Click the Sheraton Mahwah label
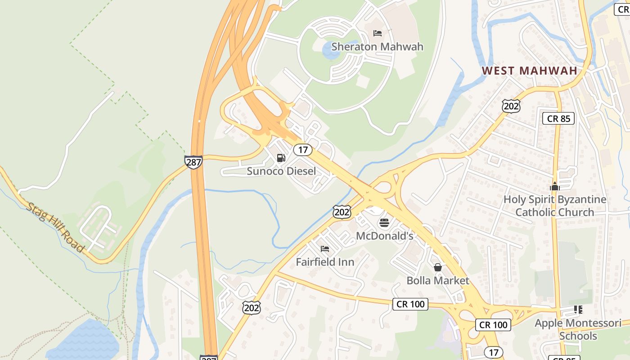(377, 46)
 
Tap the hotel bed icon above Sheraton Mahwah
(378, 33)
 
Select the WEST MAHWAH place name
(529, 71)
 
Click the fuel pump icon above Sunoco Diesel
(281, 157)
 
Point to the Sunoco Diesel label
(281, 171)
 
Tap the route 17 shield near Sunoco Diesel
(303, 150)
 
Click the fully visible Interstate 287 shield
(193, 162)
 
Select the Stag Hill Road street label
(55, 227)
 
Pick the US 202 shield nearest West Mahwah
(511, 106)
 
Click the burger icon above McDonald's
(384, 222)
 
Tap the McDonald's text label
(384, 236)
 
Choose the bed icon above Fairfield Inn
(324, 248)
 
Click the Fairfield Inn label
(325, 262)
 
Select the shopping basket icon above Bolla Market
(437, 267)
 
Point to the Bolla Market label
(438, 280)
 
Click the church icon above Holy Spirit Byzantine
(554, 186)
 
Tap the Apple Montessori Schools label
(578, 329)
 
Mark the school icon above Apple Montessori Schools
(578, 310)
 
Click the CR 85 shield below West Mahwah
(558, 119)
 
